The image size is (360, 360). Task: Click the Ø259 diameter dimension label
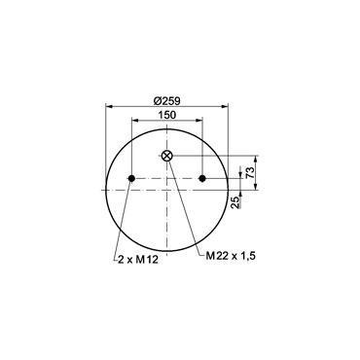(x=166, y=101)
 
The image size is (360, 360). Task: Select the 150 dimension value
(x=166, y=115)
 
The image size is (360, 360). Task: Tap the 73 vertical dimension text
(x=250, y=175)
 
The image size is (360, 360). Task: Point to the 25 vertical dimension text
(x=236, y=202)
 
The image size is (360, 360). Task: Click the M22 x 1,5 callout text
(x=231, y=256)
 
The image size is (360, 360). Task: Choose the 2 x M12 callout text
(x=138, y=260)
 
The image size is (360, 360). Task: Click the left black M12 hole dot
(x=131, y=178)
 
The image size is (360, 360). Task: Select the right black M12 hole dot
(x=202, y=178)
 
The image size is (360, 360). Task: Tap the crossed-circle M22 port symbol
(x=167, y=156)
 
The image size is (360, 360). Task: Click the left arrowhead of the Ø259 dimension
(x=109, y=106)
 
